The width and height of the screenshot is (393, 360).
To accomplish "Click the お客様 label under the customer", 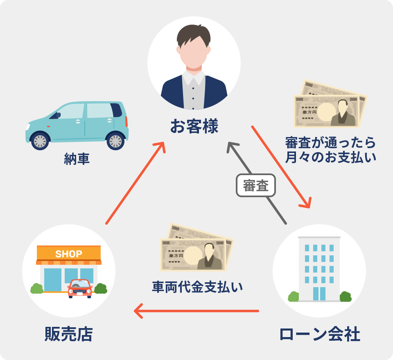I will pos(194,126).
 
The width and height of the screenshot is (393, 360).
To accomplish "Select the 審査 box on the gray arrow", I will pos(256,186).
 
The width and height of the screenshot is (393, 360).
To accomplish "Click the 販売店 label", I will pos(68,334).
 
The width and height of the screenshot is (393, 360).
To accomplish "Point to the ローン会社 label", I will pos(319,334).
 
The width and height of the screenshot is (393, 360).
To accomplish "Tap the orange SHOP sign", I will pos(69,254).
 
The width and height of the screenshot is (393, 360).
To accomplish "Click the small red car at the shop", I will pos(80,288).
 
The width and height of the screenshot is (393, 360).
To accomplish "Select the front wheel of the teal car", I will pos(40,141).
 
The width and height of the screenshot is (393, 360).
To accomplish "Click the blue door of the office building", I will pos(319,293).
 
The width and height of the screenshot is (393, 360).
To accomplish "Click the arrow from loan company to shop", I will pos(196,311).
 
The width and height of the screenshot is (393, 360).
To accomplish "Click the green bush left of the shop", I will pos(37,288).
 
